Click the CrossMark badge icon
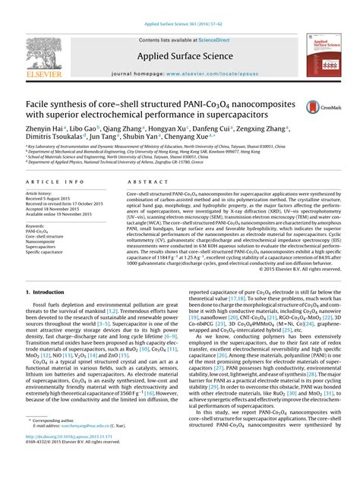pos(312,109)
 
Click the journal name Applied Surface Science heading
pos(180,56)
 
